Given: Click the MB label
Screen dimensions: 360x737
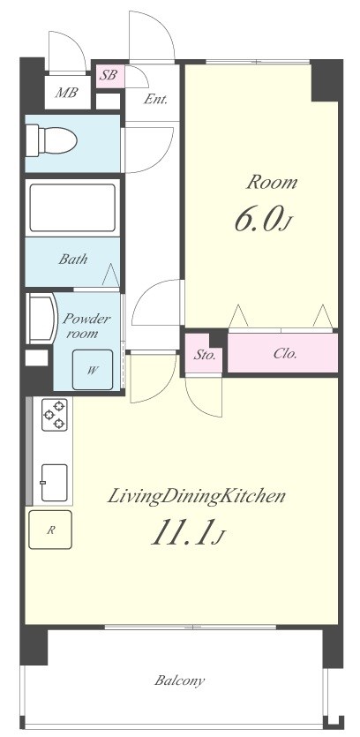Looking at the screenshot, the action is tap(66, 92).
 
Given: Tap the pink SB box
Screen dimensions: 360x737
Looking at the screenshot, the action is tap(110, 76).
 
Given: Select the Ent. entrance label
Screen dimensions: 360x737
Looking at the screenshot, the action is tap(155, 99).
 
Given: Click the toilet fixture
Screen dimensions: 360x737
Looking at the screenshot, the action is tap(51, 139).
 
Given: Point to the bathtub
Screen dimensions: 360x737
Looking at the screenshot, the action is tap(72, 207).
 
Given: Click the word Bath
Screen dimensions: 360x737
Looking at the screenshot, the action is tap(73, 259).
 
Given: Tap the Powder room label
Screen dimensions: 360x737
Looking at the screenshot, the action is tap(86, 327).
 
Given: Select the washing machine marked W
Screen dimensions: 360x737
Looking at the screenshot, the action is tap(93, 370).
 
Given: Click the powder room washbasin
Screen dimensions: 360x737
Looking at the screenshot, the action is tap(41, 319).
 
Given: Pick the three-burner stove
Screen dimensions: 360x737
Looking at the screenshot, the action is tap(55, 414).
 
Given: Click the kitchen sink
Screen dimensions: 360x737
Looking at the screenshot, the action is tap(55, 482).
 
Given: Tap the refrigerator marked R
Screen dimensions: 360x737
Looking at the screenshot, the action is tap(50, 530).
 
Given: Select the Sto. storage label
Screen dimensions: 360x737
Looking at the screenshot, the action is tap(205, 355).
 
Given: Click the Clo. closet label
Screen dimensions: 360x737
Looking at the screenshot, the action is tap(285, 354).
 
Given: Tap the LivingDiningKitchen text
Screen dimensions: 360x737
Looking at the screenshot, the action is tap(197, 496).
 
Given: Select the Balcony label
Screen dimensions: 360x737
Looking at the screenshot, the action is tap(179, 681).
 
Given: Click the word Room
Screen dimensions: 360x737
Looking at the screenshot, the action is tap(272, 182).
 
